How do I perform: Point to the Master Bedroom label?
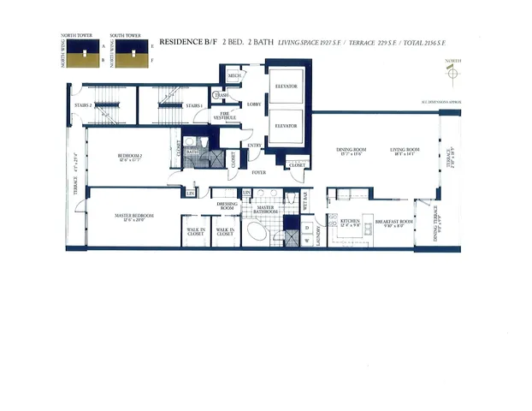[x=134, y=215]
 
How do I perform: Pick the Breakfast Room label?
[x=393, y=223]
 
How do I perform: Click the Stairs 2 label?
[x=84, y=105]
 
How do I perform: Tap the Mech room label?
[x=233, y=76]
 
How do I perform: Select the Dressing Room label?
[x=227, y=205]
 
